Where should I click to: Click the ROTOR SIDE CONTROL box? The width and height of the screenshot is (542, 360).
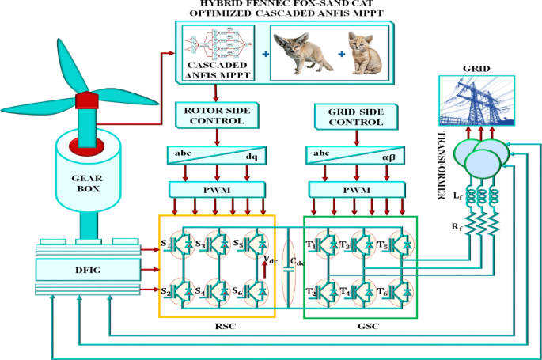coord(216,115)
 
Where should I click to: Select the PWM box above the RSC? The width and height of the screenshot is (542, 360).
coord(216,191)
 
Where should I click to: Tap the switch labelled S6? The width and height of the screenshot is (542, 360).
coord(252,291)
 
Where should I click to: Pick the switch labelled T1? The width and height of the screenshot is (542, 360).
coord(324,244)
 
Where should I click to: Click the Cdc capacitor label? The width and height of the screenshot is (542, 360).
coord(295,262)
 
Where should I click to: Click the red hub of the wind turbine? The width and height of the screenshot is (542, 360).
coord(85,101)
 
